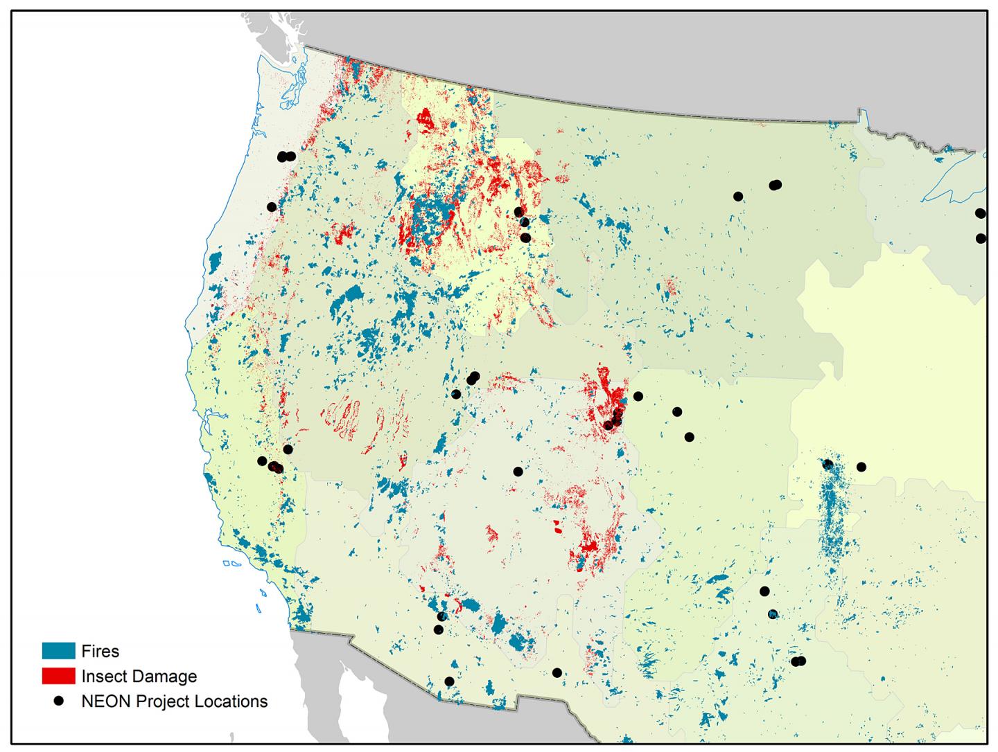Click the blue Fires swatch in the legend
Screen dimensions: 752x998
[58, 651]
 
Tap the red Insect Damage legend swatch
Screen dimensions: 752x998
[58, 676]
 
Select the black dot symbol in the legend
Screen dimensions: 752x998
[59, 701]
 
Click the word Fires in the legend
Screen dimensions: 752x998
[100, 651]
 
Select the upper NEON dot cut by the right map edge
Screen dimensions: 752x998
[980, 213]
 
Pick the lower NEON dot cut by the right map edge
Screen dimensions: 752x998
[981, 238]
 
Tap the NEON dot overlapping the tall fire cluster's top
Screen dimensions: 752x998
[827, 464]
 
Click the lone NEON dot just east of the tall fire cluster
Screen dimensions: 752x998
[861, 467]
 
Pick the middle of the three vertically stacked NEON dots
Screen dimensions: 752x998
[524, 222]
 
